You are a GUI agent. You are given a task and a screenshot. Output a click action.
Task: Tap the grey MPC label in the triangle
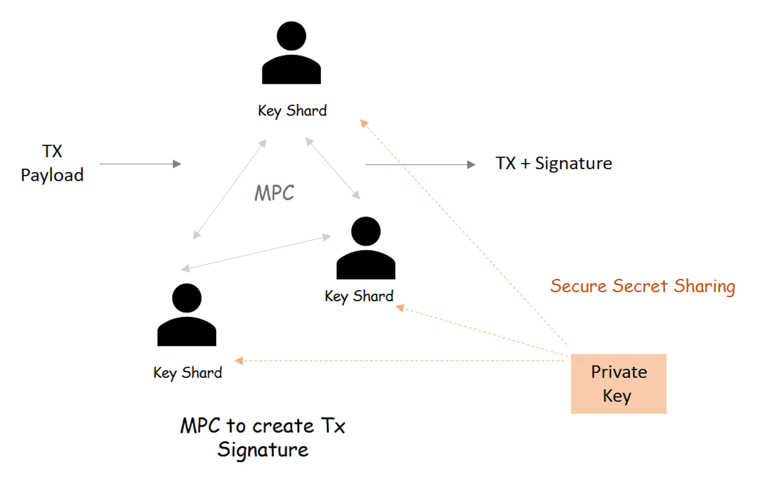coord(274,193)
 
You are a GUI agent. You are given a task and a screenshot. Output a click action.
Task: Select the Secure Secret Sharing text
coord(643,286)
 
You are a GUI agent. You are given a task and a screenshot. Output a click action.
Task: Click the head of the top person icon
coord(291,36)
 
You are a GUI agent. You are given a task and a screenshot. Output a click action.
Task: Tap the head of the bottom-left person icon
coord(187,298)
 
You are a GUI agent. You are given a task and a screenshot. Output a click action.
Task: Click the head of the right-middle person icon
coord(366,231)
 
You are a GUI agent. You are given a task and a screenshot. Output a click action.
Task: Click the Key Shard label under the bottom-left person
coord(188,373)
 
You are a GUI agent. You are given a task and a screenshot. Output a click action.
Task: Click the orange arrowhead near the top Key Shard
coord(364,123)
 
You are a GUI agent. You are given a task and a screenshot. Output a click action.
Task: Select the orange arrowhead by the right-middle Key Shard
coord(400,308)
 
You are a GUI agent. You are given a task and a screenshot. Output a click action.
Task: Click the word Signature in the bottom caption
coord(263,450)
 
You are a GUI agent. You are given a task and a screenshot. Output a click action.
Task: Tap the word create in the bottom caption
coord(283,426)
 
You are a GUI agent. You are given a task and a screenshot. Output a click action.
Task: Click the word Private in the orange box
coord(619,372)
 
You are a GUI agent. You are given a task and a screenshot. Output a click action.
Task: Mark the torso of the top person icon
coord(291,70)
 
